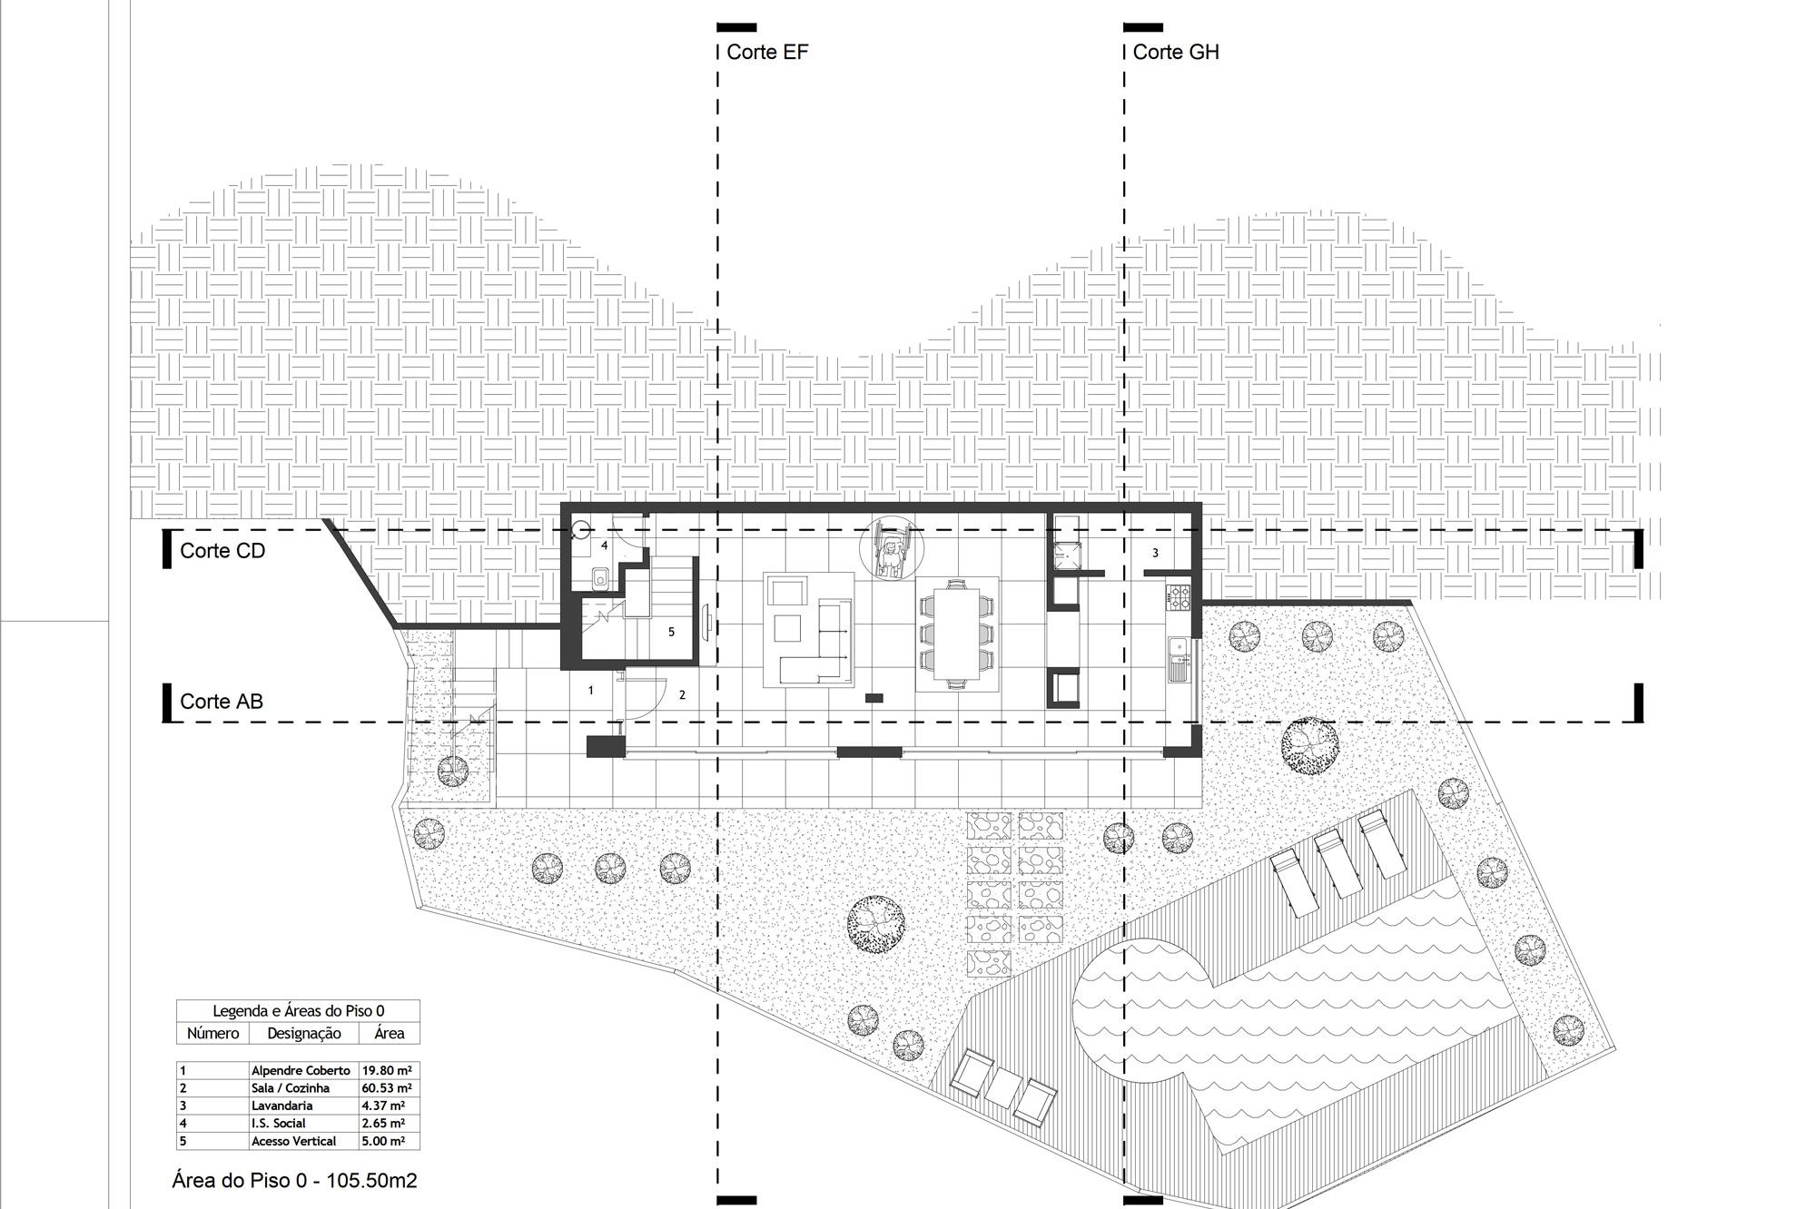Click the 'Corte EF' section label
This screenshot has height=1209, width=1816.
click(767, 52)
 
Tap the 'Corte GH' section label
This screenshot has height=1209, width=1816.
click(1176, 52)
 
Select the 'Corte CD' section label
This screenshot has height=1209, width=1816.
click(222, 551)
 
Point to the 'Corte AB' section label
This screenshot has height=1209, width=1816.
click(222, 701)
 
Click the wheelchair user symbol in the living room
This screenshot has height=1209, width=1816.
click(891, 549)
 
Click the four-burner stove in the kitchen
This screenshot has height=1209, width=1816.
click(1179, 596)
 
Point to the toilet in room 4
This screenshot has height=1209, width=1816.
click(599, 578)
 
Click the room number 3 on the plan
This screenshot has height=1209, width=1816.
click(1155, 553)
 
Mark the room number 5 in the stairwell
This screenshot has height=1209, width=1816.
click(671, 632)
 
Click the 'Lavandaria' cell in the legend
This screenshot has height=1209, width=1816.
click(282, 1106)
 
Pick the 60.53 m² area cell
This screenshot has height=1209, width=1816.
click(389, 1087)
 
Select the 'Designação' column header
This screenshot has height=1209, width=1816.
click(303, 1033)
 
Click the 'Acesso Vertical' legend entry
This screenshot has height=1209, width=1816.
click(293, 1141)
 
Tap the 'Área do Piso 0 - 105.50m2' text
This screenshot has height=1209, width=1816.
click(295, 1180)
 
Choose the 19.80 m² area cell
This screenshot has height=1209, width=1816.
click(389, 1070)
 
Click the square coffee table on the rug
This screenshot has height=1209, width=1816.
click(786, 628)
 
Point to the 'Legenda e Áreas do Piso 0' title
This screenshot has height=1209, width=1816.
click(299, 1010)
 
